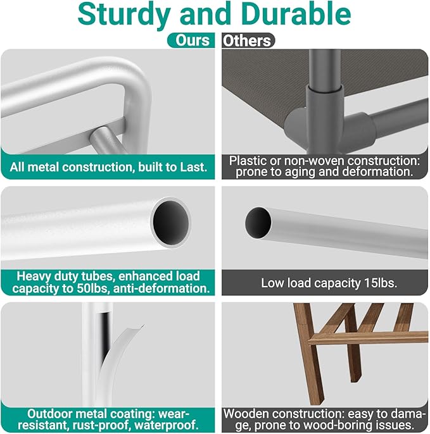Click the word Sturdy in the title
click(x=124, y=15)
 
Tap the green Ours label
click(x=191, y=40)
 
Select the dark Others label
click(x=248, y=40)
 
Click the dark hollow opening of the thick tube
click(x=171, y=223)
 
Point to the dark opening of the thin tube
click(x=258, y=223)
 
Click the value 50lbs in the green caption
click(x=91, y=288)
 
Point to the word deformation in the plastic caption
click(x=378, y=171)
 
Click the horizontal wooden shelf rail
click(x=369, y=337)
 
